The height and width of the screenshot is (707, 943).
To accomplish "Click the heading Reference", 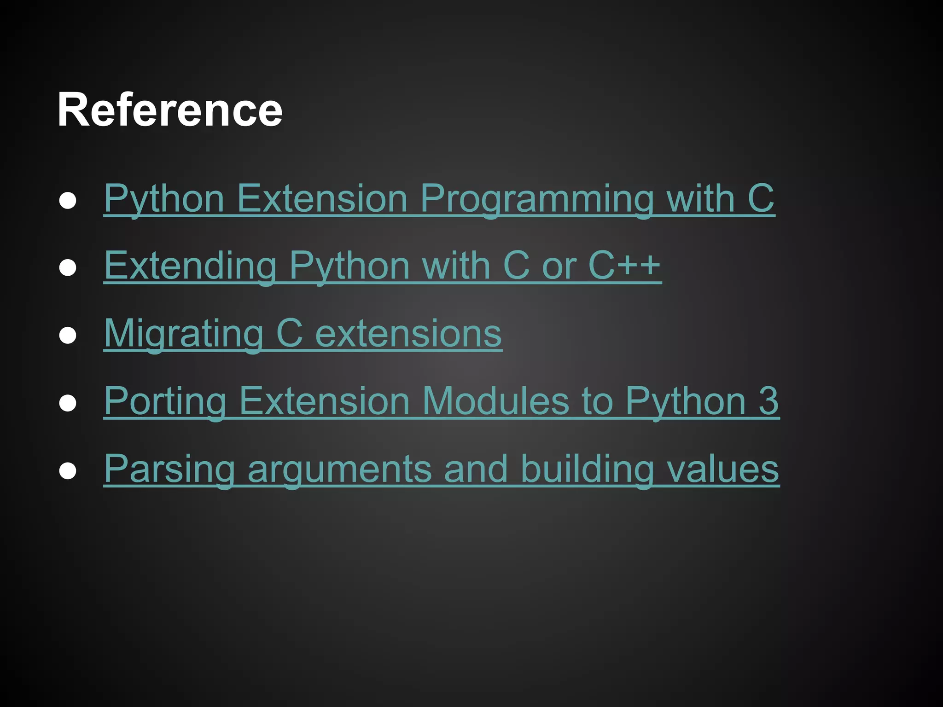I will (x=169, y=110).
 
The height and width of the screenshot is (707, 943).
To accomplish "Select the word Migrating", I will (x=183, y=333).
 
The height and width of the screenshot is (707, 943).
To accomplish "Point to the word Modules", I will (x=495, y=401).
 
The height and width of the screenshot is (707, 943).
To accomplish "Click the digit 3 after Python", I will (x=768, y=401).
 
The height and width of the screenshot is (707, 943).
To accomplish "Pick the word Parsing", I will (x=169, y=469).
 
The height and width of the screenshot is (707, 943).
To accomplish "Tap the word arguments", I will (x=339, y=469).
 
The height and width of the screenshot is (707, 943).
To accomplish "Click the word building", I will (x=587, y=469).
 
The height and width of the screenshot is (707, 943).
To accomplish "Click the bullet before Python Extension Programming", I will (x=68, y=201).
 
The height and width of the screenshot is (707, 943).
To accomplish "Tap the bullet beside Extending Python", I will (x=68, y=268).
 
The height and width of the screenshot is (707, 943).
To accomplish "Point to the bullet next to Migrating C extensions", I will (x=68, y=336).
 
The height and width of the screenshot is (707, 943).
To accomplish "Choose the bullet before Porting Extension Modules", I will (x=68, y=403).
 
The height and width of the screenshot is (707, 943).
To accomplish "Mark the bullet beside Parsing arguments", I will (x=68, y=471).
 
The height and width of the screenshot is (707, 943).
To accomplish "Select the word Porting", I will (x=165, y=401).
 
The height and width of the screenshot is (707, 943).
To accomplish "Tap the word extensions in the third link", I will (x=408, y=333).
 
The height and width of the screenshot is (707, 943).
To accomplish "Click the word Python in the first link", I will (x=164, y=199).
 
